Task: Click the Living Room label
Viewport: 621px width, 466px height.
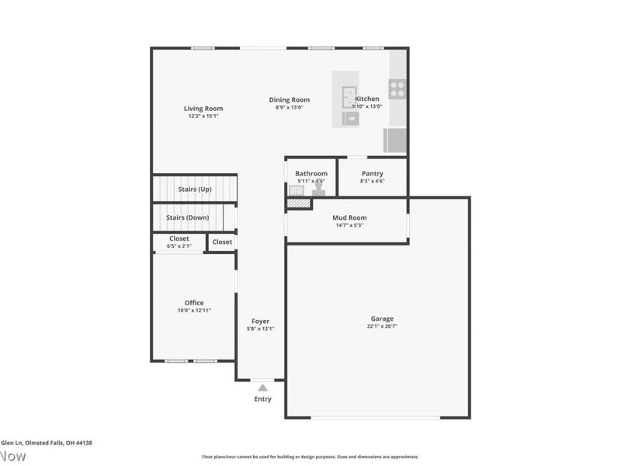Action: (203, 108)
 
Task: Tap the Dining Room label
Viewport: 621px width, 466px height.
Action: (290, 99)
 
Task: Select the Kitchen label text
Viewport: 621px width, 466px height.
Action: (367, 99)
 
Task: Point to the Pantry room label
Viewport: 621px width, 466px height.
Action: (373, 173)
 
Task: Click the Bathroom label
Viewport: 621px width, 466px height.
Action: (311, 173)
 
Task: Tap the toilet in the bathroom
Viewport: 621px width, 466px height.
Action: (318, 190)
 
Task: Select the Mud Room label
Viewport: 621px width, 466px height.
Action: (349, 217)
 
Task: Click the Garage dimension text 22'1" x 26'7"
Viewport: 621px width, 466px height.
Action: (382, 327)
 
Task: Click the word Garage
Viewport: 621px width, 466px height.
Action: (382, 318)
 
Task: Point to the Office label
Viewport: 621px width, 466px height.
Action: (194, 302)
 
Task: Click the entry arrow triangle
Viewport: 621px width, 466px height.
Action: (263, 387)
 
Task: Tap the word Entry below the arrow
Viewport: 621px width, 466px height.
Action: (263, 399)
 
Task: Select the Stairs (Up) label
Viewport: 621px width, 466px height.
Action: (195, 189)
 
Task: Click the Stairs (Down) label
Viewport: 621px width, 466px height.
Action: (187, 217)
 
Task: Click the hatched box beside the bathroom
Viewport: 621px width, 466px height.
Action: (298, 203)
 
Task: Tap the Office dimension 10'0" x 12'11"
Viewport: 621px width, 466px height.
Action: (194, 310)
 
